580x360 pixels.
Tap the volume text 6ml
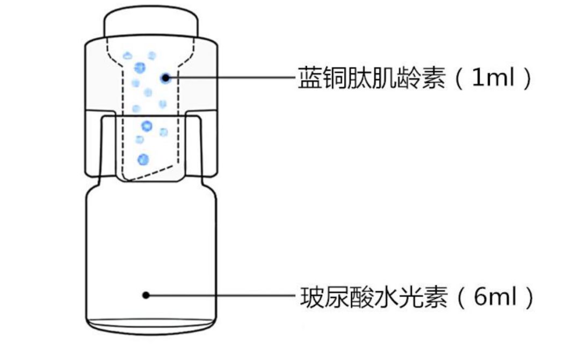495,296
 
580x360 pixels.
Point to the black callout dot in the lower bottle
145,294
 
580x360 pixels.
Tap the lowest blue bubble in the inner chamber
143,159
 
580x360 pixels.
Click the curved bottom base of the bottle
151,326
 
